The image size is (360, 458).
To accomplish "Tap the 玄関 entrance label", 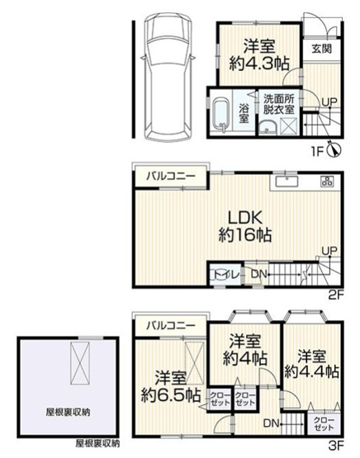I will (322, 49).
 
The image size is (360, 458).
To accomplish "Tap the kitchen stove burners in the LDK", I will (326, 182).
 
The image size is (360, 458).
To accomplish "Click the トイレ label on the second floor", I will (223, 274).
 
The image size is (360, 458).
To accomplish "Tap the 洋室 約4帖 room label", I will (244, 351).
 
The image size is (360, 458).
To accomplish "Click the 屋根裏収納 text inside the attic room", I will (69, 410).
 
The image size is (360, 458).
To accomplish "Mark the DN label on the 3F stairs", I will (270, 423).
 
